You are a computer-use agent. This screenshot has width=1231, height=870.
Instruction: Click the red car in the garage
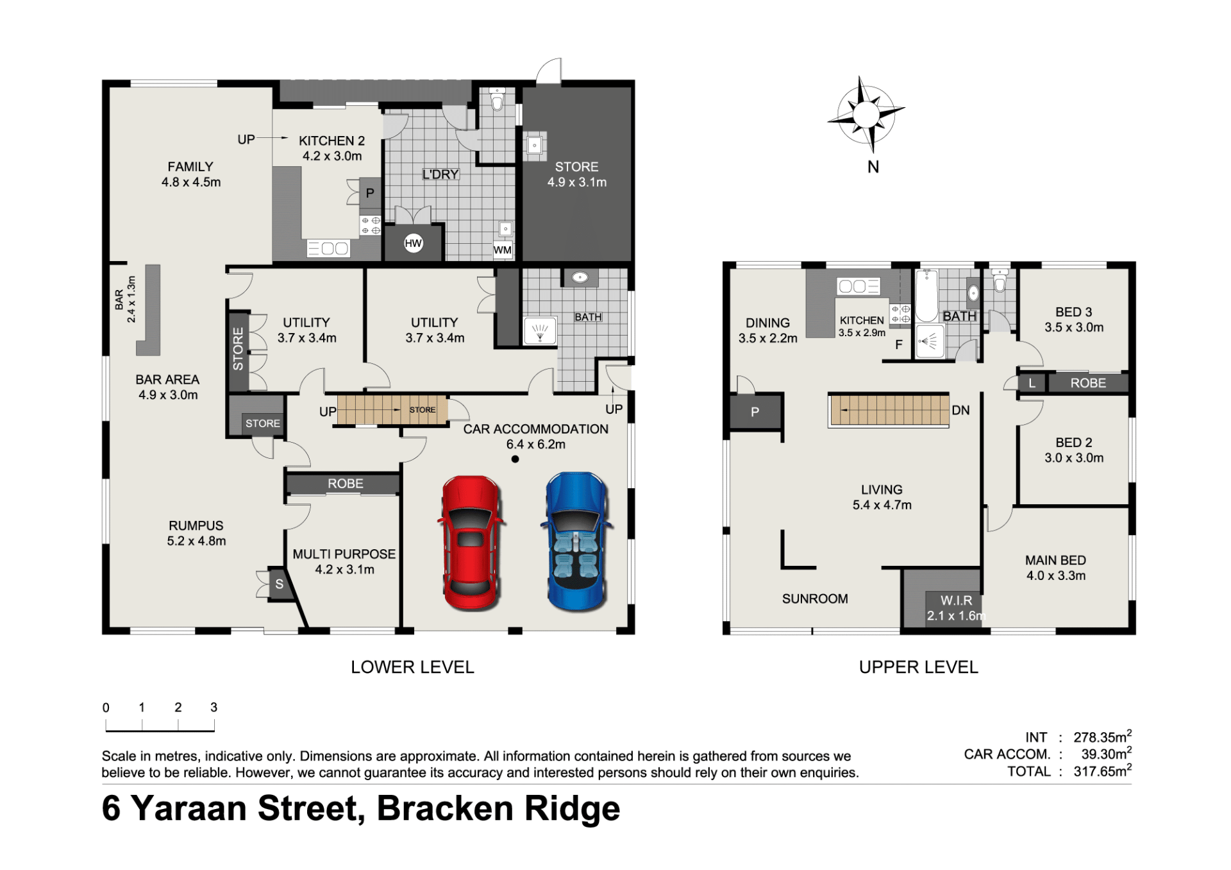(x=471, y=542)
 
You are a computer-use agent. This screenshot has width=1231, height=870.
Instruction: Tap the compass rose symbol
(x=866, y=115)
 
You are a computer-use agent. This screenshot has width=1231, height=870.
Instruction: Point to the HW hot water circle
(x=414, y=243)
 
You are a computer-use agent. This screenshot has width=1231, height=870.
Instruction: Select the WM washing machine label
(x=503, y=250)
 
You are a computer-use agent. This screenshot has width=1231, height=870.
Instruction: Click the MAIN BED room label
(x=1055, y=560)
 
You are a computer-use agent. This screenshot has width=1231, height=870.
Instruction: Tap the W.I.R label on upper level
(x=956, y=601)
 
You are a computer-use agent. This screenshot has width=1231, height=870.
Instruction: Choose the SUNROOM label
(x=815, y=599)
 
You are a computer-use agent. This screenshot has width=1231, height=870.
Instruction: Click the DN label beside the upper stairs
(x=960, y=411)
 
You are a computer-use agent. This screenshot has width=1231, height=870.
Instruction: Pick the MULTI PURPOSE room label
(x=344, y=554)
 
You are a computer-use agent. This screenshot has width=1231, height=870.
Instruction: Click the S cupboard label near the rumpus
(x=280, y=584)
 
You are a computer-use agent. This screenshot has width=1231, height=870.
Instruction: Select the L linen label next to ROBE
(x=1032, y=384)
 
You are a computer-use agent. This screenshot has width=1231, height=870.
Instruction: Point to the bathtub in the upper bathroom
(x=926, y=296)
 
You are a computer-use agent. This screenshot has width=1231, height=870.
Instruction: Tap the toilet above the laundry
(x=498, y=101)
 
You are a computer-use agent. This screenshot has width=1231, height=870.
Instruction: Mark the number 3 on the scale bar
(x=214, y=707)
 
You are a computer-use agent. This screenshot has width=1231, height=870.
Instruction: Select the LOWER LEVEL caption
(x=412, y=667)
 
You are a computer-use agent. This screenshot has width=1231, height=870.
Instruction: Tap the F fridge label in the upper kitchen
(x=899, y=345)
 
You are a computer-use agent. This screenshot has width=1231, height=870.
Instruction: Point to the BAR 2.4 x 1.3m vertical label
(x=125, y=300)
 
